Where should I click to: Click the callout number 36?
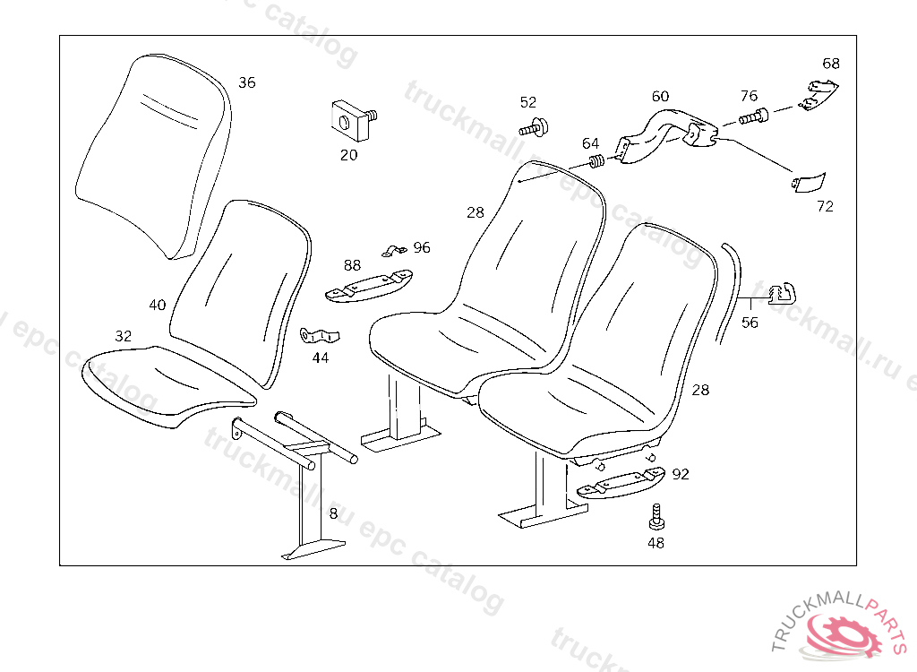pyautogui.click(x=246, y=82)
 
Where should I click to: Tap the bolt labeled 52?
pyautogui.click(x=535, y=127)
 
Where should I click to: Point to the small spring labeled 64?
pyautogui.click(x=594, y=162)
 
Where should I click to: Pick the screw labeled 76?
pyautogui.click(x=753, y=116)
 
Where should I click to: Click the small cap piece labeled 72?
pyautogui.click(x=810, y=182)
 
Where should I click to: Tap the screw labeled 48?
pyautogui.click(x=656, y=518)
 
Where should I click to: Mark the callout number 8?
pyautogui.click(x=333, y=513)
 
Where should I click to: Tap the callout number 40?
pyautogui.click(x=158, y=305)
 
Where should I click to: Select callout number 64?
pyautogui.click(x=591, y=143)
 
